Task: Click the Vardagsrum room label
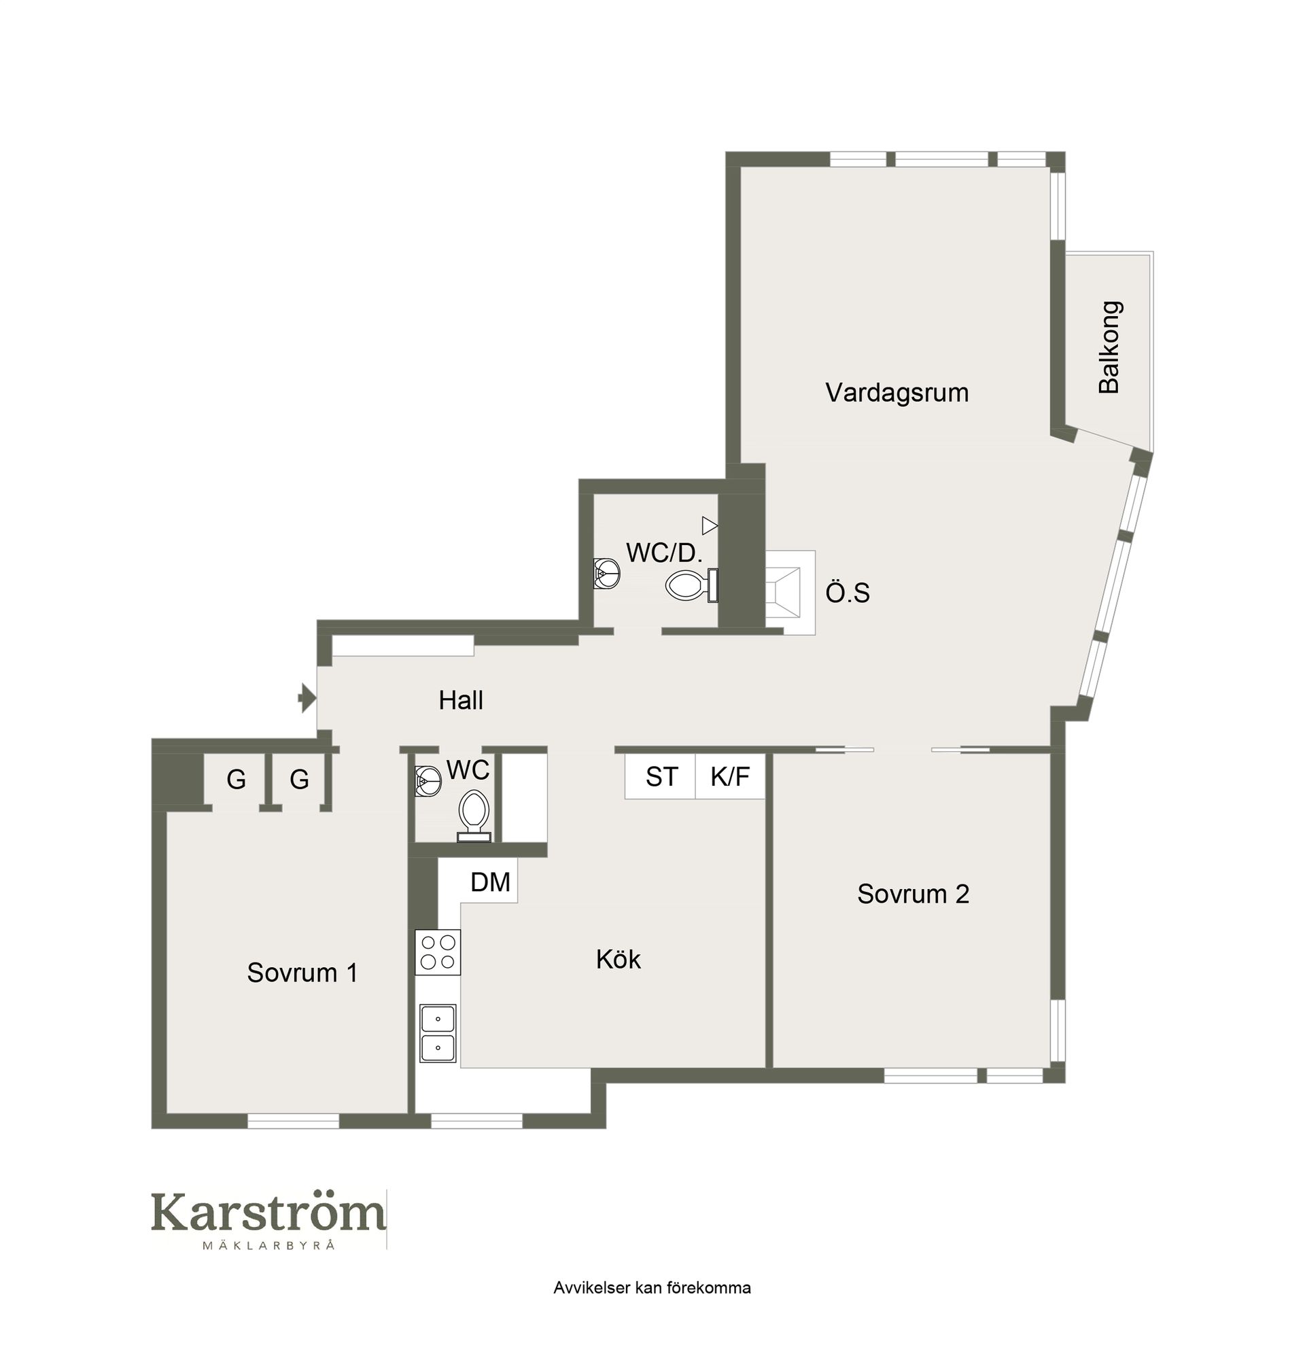896,393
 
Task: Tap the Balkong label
1109,347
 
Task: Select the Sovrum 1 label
302,973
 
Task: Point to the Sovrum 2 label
913,894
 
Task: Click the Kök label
618,959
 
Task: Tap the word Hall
460,700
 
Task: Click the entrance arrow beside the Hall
307,698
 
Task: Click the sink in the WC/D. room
606,574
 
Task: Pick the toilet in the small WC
474,816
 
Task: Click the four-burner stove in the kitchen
437,952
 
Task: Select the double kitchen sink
437,1033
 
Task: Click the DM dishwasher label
490,882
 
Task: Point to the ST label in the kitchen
661,777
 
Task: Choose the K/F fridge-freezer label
730,777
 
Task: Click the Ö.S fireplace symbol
790,592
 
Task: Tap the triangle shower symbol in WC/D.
709,526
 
